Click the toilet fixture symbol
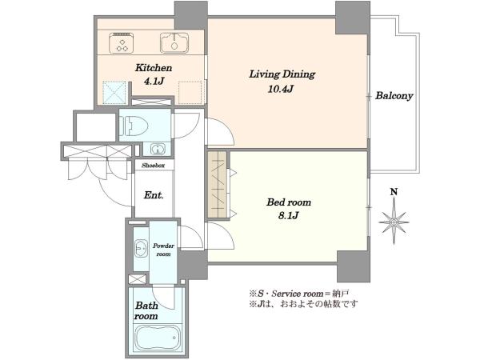134,126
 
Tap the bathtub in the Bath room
157,337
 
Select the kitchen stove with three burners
122,42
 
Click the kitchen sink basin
174,42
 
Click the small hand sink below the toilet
158,150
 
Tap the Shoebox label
153,166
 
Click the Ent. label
154,195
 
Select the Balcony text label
394,96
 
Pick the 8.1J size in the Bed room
288,215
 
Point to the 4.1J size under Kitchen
154,81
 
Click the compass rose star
394,222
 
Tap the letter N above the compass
394,192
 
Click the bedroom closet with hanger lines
218,184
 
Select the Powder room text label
163,250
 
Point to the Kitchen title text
154,67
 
